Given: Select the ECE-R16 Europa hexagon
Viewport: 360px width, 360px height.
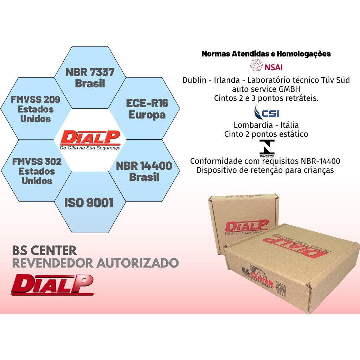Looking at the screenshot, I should tap(147, 109).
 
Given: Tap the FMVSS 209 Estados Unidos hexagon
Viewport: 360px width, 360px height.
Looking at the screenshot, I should tap(35, 109).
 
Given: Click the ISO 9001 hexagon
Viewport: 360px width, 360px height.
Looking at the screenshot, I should tap(89, 203).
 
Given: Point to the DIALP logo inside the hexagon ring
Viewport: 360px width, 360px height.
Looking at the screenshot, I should tap(90, 140).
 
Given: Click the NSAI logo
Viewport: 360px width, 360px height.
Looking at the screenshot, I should tap(266, 66).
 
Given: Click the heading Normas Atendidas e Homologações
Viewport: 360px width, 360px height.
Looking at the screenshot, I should tap(266, 54).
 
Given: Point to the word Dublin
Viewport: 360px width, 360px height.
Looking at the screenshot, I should tap(194, 80).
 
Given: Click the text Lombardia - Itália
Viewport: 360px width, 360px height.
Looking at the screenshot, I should tap(266, 125).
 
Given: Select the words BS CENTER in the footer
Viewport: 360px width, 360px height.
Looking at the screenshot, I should tap(44, 250).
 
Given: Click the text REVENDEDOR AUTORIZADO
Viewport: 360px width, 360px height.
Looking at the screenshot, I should tap(95, 263).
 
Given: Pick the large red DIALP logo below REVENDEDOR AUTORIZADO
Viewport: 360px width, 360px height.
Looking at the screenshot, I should tap(52, 284).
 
